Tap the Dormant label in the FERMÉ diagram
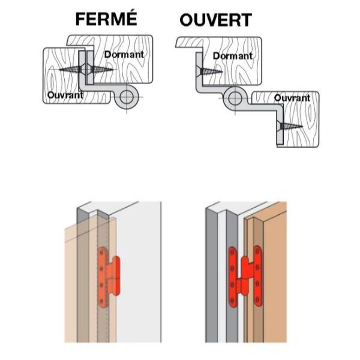tap(124, 55)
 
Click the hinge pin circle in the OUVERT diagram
tap(234, 100)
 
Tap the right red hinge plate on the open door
tap(259, 275)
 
